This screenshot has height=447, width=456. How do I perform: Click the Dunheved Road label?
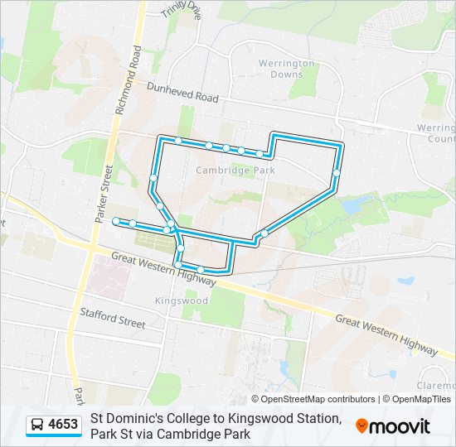pos(182,92)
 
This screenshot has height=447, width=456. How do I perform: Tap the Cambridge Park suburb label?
pos(235,171)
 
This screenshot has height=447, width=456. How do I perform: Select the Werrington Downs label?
pos(280,69)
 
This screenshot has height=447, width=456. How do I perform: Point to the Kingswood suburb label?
pos(181,300)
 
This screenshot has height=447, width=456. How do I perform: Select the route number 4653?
pos(63,425)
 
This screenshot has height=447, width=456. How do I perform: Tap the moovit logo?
pos(392,425)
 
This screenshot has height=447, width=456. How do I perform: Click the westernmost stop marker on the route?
pos(115,221)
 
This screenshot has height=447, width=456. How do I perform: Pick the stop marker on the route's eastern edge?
pos(337,172)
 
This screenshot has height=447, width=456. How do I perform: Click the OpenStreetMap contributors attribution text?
pos(307,399)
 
